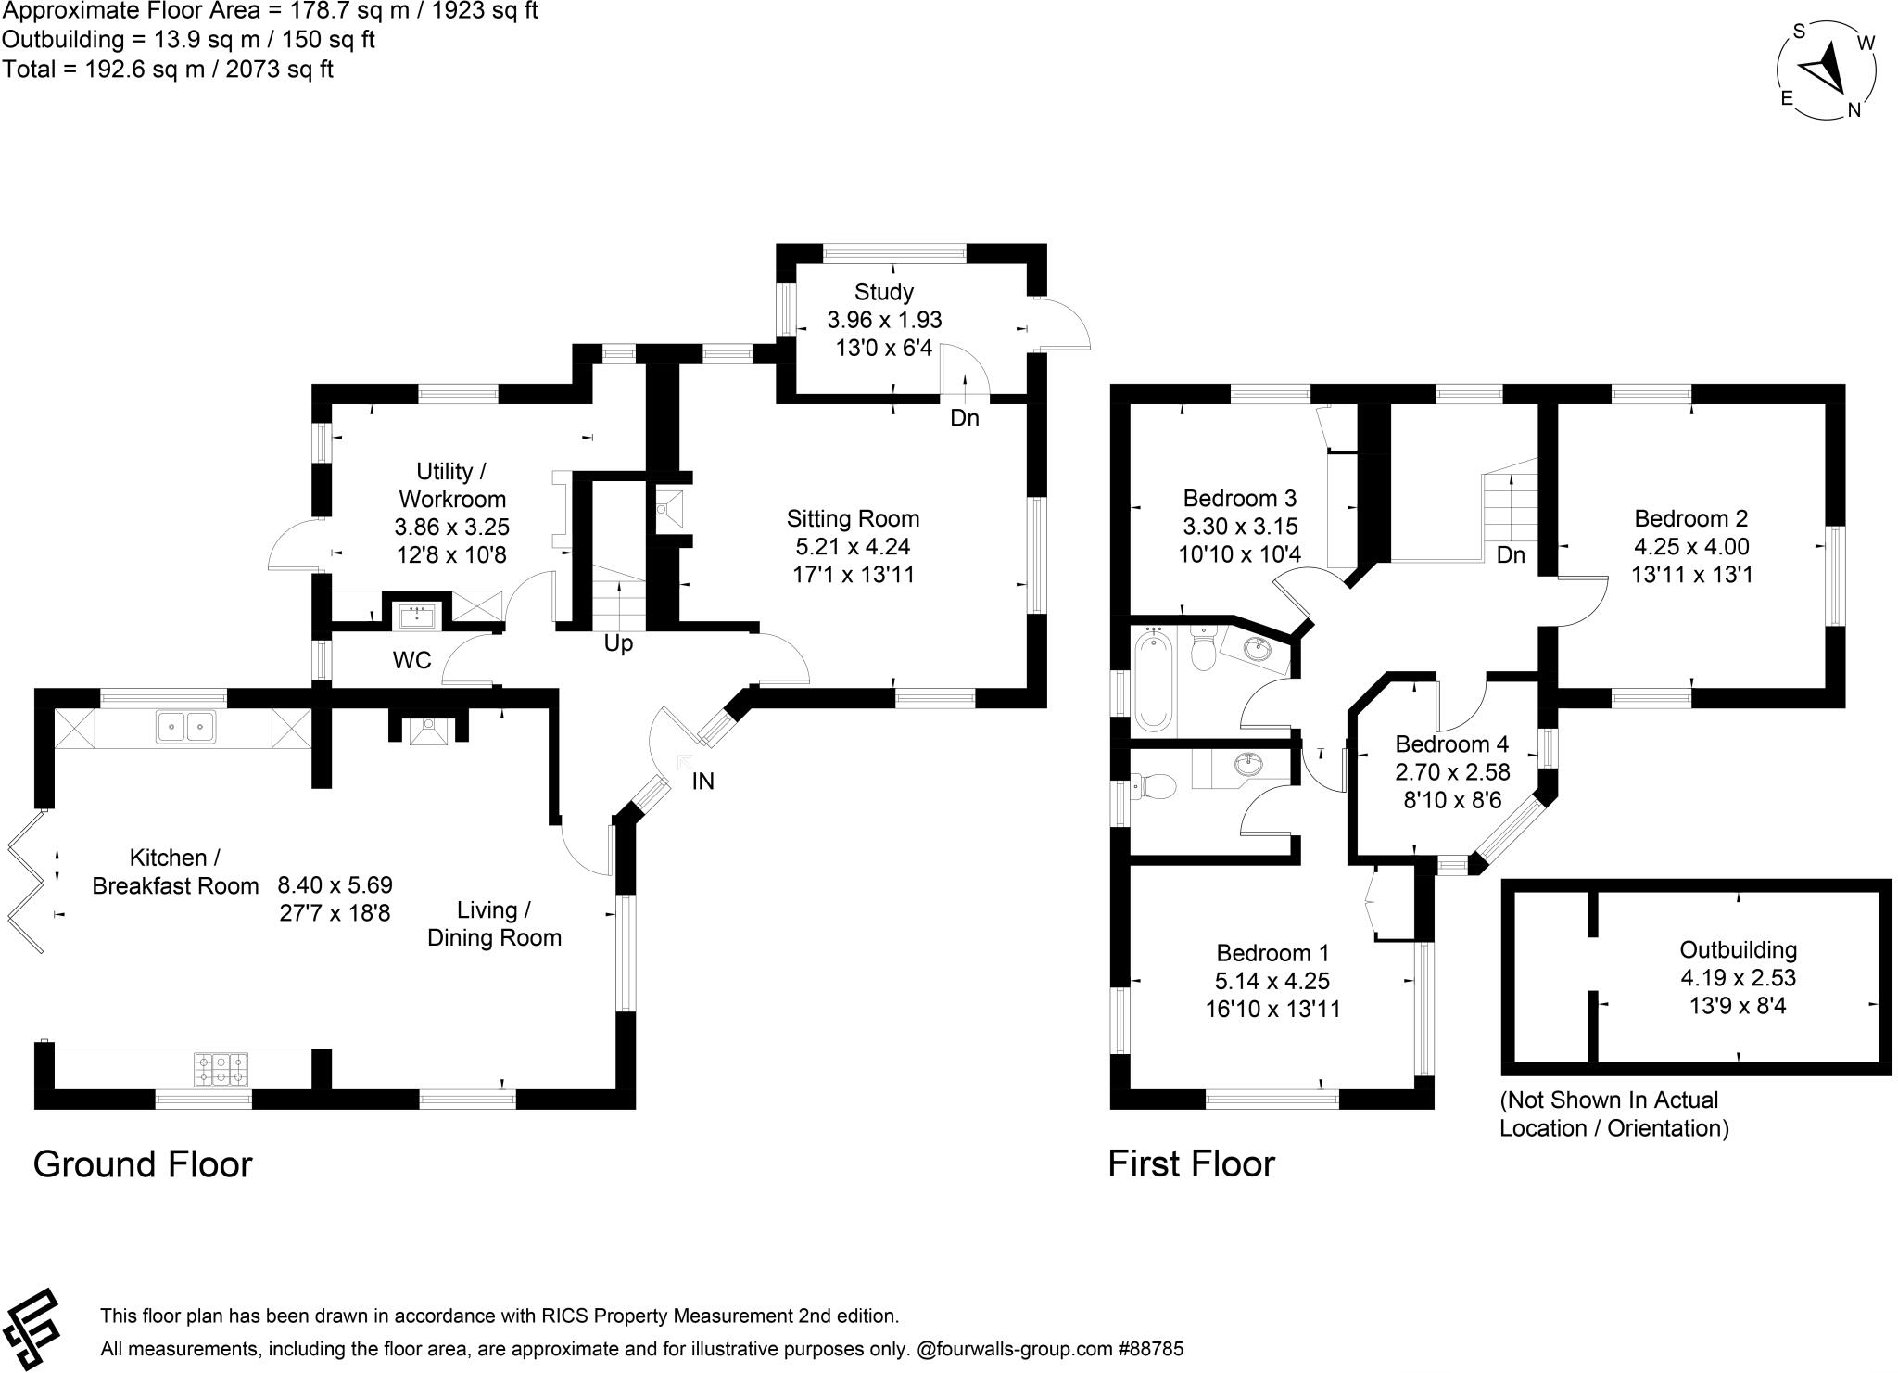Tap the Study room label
(x=883, y=292)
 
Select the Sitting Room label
(x=853, y=518)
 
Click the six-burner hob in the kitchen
(x=221, y=1068)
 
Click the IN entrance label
(x=702, y=782)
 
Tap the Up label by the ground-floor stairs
(x=618, y=643)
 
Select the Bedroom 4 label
(x=1451, y=744)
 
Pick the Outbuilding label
(x=1738, y=949)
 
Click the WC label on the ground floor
(x=411, y=660)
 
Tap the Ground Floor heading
(x=143, y=1164)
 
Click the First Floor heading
(x=1191, y=1164)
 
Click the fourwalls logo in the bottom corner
(x=32, y=1328)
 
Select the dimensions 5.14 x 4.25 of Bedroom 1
(x=1272, y=981)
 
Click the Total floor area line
(x=168, y=69)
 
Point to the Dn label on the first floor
(x=1511, y=554)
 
